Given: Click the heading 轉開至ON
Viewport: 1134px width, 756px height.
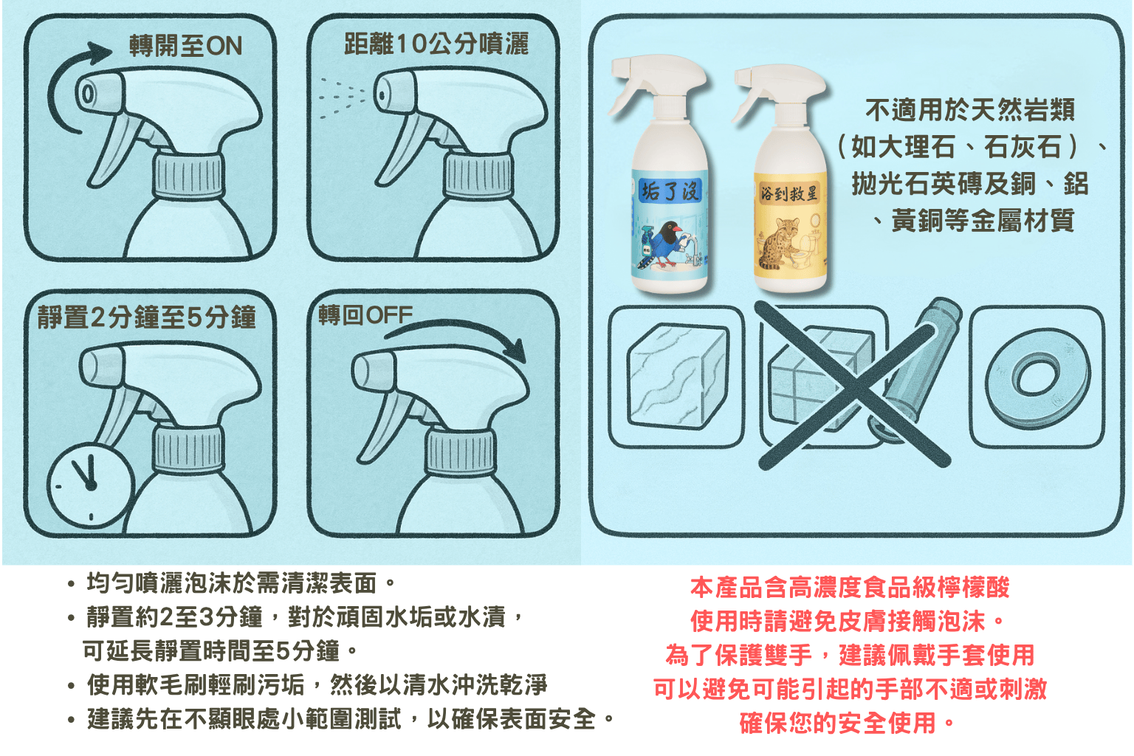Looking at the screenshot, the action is [186, 46].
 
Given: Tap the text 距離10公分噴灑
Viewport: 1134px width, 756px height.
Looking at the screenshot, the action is [436, 44].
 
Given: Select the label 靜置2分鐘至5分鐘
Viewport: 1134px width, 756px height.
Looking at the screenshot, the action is [146, 317].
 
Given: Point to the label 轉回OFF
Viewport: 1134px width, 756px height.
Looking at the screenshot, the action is [365, 315].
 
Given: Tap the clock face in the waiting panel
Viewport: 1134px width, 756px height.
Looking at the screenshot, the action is [91, 486].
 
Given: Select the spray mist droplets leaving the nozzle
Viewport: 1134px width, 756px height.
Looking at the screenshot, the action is [340, 97].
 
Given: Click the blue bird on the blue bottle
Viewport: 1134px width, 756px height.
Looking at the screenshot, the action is [667, 243].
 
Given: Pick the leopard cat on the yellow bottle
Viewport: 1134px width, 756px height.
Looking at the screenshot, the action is [777, 243].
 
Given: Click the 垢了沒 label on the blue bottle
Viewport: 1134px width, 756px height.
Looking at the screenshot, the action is [670, 191].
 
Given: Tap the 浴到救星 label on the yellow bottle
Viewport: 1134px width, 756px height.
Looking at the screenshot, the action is [789, 193].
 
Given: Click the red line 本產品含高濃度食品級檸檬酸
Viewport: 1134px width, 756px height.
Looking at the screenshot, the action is [850, 587].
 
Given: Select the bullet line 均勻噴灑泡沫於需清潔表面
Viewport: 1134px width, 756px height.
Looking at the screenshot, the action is [241, 583].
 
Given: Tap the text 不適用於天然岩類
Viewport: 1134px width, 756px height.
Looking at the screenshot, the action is [970, 109].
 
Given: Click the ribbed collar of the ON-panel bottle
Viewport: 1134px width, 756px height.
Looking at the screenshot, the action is [188, 176].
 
